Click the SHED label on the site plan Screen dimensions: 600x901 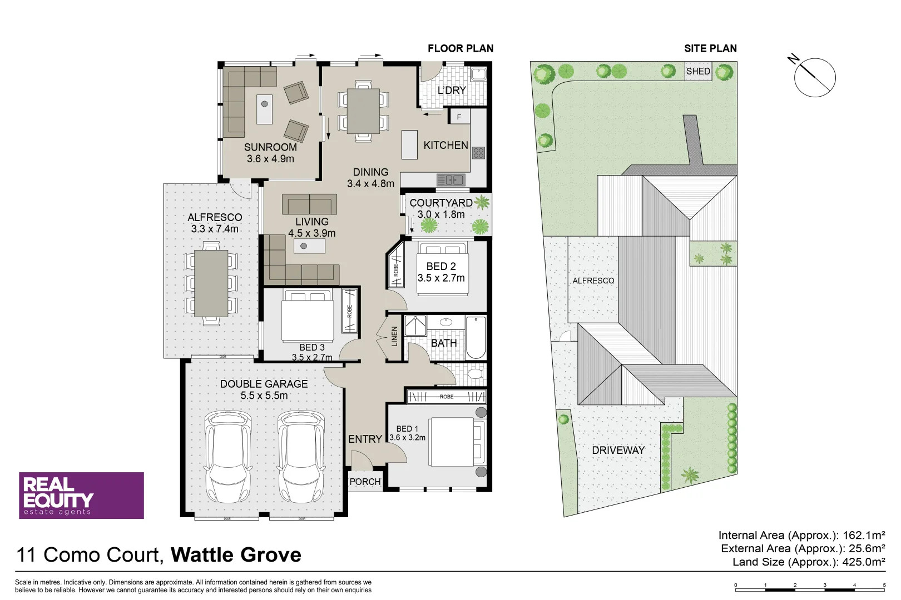697,71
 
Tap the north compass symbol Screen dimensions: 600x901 814,77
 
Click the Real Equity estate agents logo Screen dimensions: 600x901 81,496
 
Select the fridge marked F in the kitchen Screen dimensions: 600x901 459,117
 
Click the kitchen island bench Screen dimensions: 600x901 409,144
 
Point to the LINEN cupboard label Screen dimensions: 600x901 394,336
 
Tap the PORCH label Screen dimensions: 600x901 365,482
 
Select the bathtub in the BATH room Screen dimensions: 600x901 476,337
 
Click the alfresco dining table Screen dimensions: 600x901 211,283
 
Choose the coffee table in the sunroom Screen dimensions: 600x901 264,109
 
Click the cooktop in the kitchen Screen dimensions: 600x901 478,153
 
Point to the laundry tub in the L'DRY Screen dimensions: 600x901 478,74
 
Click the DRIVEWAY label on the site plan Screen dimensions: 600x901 618,450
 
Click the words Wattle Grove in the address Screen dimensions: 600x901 236,554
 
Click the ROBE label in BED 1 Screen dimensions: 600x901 446,397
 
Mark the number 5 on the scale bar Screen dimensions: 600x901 884,585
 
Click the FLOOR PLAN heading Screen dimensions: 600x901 460,48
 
